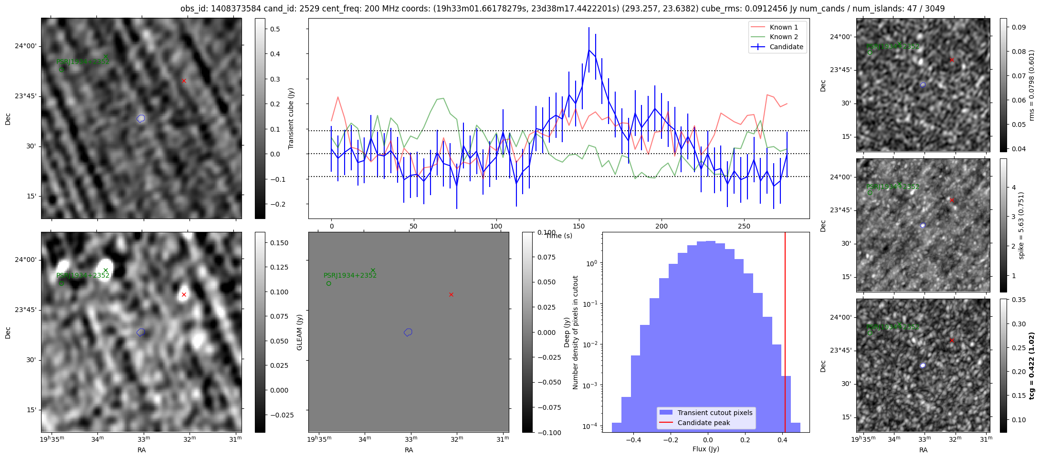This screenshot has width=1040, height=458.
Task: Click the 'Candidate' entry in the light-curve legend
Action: [786, 47]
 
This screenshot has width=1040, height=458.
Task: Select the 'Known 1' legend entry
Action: [784, 27]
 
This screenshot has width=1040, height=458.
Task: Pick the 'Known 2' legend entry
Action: [784, 37]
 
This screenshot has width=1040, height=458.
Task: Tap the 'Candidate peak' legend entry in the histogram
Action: [704, 423]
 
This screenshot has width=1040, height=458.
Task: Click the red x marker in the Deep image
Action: [184, 295]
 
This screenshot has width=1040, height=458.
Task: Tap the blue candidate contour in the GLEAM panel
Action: [408, 332]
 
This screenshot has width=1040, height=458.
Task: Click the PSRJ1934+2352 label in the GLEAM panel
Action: [350, 275]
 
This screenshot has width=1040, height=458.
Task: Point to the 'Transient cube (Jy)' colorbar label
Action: [291, 118]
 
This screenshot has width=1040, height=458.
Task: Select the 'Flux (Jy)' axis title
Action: [705, 449]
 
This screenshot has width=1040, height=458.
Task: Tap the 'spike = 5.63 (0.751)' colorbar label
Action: [1021, 225]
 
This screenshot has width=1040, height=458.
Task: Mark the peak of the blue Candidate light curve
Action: [589, 50]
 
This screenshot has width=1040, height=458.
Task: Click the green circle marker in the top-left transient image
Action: [62, 70]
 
